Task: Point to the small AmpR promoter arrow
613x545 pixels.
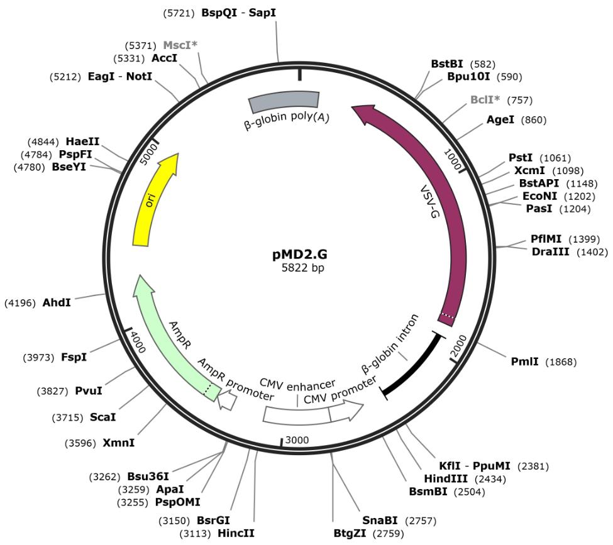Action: (x=227, y=400)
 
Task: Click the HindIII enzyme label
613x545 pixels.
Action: (x=446, y=478)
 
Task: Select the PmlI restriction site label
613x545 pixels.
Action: (x=526, y=361)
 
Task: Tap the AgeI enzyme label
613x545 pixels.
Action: (x=500, y=119)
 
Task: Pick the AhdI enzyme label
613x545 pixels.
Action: (x=57, y=302)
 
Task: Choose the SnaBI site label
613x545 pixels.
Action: (x=380, y=520)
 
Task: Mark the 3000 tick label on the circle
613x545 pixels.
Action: (x=297, y=439)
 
